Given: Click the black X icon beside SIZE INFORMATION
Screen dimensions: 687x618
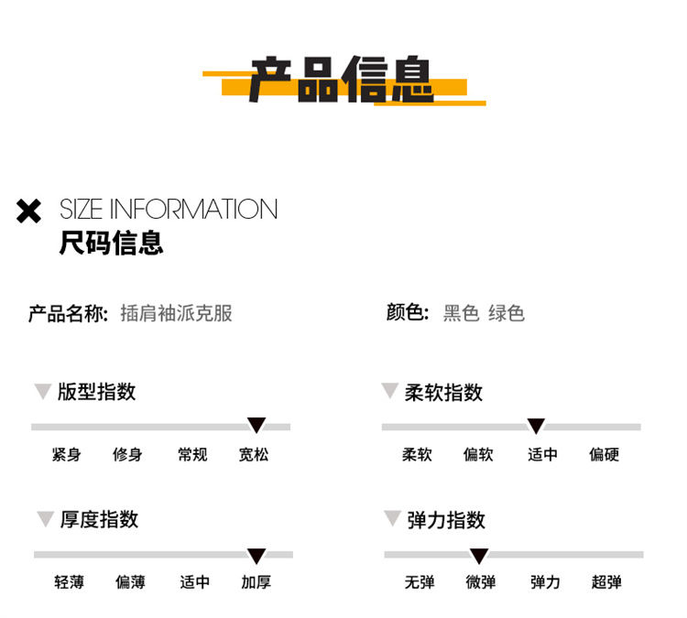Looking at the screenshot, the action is point(29,211).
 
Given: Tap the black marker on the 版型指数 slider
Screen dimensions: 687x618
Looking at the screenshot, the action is point(256,425).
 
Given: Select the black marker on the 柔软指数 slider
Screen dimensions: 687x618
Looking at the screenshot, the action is point(536,426).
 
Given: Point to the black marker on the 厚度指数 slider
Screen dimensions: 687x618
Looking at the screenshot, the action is point(256,556).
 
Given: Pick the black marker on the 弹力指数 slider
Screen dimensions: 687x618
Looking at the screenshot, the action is point(479,556).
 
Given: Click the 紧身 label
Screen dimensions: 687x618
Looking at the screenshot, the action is point(67,455).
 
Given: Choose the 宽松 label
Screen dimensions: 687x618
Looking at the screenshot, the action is point(254,455).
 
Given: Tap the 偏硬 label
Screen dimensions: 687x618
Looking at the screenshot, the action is point(605,455).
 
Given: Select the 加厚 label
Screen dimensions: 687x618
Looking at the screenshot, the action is point(256,582).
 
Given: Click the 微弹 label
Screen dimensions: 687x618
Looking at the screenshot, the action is point(481,582).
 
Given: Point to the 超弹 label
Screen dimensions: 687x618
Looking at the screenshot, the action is point(606,582).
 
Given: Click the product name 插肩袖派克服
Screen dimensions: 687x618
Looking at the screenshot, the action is point(176,313).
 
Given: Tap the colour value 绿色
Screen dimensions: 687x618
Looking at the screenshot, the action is point(507,313).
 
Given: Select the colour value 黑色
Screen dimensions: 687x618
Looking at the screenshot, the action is point(461,313).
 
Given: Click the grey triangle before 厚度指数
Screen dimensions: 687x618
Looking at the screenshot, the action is point(45,517).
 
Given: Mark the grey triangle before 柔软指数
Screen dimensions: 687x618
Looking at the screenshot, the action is point(389,390).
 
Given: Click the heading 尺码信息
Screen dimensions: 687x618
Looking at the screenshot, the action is point(111,243).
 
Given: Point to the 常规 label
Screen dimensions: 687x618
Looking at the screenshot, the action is point(192,455).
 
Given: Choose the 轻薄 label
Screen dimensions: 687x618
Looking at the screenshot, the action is point(70,582).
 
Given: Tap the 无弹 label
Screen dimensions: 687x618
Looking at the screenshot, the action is point(420,582).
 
